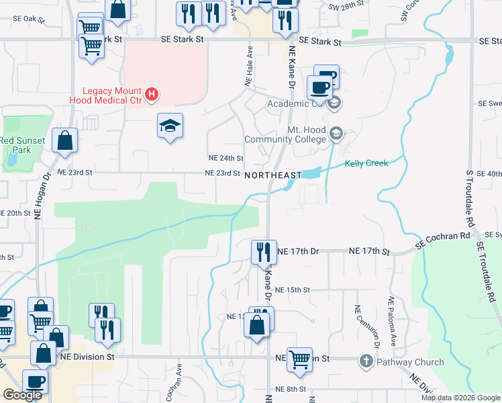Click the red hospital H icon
click(x=152, y=95)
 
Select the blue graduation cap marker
click(x=170, y=125)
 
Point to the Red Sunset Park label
click(x=23, y=145)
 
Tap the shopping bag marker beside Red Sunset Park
click(x=65, y=141)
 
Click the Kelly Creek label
click(x=366, y=163)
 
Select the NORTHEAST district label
click(x=273, y=175)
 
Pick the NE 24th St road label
click(x=225, y=158)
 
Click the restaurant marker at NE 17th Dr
click(x=264, y=252)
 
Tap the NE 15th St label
click(x=293, y=289)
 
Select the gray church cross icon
click(x=366, y=361)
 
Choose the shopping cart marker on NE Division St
click(x=299, y=359)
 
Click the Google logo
click(x=22, y=395)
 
